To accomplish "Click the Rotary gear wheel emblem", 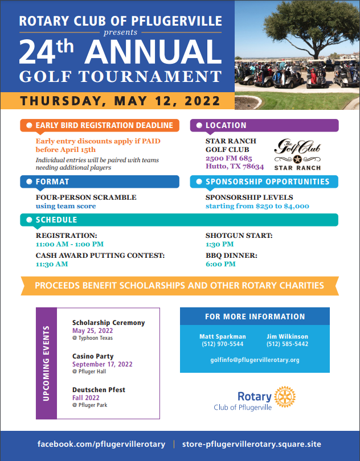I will (285, 396).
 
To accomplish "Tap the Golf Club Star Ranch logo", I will (297, 154).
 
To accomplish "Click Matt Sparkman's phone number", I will (222, 344).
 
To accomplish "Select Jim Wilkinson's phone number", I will (287, 344).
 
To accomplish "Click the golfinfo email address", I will (255, 360).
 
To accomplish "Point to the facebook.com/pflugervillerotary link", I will (101, 444).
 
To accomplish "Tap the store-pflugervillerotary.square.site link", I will (252, 444).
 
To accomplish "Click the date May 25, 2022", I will (92, 331).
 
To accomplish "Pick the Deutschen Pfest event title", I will (99, 390).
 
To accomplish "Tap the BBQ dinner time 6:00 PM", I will (220, 264).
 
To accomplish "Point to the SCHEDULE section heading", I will (56, 220).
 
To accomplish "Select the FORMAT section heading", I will (52, 182).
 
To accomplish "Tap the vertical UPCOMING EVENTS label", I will (47, 363).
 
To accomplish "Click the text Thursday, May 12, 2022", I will (120, 101).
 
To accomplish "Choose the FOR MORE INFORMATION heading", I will (255, 316).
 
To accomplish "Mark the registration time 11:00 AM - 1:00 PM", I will (69, 244).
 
